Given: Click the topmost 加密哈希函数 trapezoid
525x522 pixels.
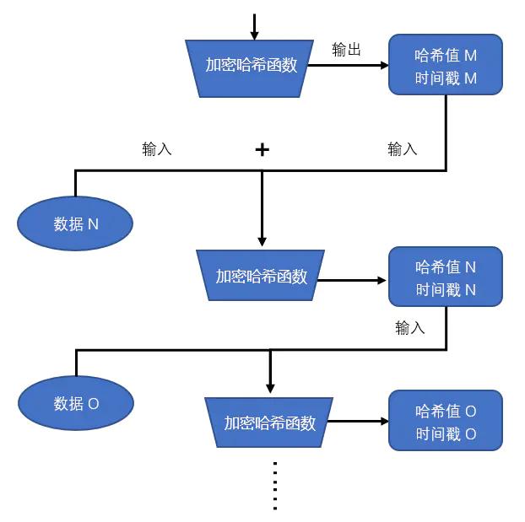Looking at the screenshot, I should [252, 65].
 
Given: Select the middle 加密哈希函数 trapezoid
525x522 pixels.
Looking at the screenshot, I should [261, 276].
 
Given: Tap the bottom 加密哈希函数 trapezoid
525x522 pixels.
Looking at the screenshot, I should [269, 422].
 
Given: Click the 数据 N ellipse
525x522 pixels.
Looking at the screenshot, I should [76, 223].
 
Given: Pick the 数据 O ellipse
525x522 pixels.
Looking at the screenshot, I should [76, 403].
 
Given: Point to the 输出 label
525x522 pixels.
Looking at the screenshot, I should [346, 50].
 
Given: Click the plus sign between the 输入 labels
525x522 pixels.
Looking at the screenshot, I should [262, 149].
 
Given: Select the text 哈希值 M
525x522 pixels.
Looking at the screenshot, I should [446, 56].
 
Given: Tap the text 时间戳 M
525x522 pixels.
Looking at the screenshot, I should [446, 78].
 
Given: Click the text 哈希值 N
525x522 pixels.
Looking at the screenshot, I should [446, 267].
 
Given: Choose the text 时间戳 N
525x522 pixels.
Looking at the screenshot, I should [446, 290].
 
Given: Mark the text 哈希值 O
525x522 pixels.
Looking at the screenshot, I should [446, 412].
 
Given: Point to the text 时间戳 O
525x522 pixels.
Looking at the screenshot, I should [446, 434].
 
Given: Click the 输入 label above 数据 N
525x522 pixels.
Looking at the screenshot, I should [157, 148].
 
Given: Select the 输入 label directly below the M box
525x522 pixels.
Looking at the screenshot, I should [402, 148].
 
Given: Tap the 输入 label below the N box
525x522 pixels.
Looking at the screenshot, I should [409, 328].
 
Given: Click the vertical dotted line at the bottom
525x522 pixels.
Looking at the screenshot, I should [275, 485].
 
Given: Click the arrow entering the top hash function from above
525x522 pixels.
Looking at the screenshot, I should [254, 26].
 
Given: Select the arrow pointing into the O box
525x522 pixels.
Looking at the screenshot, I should [358, 421].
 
